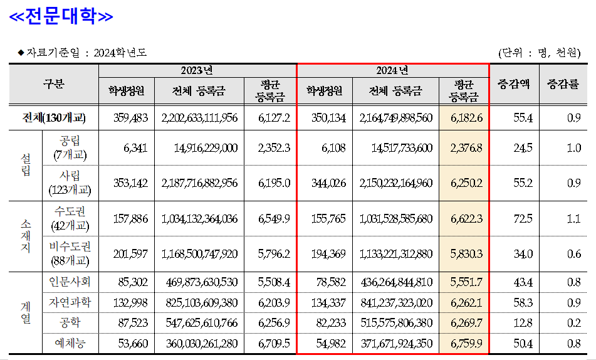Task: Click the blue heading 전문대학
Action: click(60, 16)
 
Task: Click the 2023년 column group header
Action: click(197, 70)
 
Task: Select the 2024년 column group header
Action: click(392, 70)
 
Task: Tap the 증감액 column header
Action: click(513, 83)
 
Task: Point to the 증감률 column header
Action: click(563, 83)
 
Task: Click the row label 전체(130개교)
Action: click(54, 118)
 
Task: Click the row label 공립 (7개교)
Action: click(70, 147)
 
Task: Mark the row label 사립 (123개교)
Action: click(70, 183)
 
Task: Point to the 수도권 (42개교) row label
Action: click(70, 218)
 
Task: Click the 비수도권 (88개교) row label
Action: click(70, 253)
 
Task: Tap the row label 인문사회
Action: click(70, 282)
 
